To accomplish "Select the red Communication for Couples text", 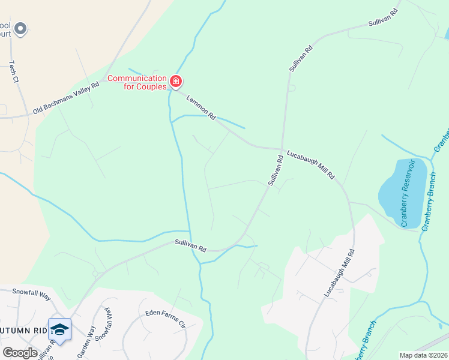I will click(x=137, y=82).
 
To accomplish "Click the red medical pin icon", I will click(x=176, y=81).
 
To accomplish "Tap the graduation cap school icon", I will click(x=59, y=329).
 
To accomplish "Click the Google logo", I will click(x=20, y=353).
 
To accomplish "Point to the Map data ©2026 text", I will click(x=423, y=355).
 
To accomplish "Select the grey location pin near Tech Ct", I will click(x=20, y=28).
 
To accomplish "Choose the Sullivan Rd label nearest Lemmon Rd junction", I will click(x=276, y=170).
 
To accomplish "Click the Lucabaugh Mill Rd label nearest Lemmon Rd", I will click(x=310, y=164).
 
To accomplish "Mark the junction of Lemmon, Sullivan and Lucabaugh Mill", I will click(x=282, y=149).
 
